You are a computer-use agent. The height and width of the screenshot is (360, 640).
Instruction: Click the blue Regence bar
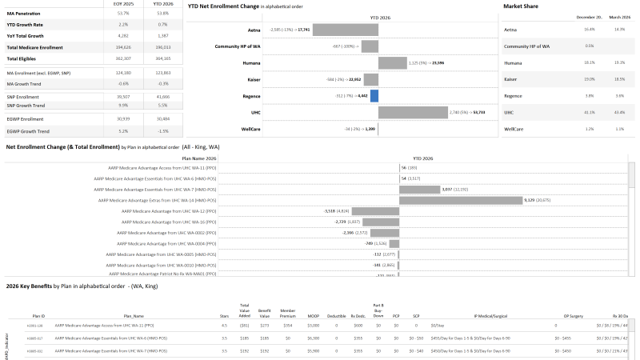point(374,96)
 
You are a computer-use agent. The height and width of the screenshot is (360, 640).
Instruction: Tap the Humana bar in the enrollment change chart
point(392,62)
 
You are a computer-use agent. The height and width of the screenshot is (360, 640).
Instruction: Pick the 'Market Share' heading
point(520,6)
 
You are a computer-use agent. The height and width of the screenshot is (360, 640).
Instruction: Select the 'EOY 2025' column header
point(123,3)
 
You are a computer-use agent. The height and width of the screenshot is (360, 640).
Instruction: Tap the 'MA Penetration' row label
point(23,13)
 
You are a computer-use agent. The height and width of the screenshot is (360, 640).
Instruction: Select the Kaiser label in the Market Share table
point(513,79)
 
